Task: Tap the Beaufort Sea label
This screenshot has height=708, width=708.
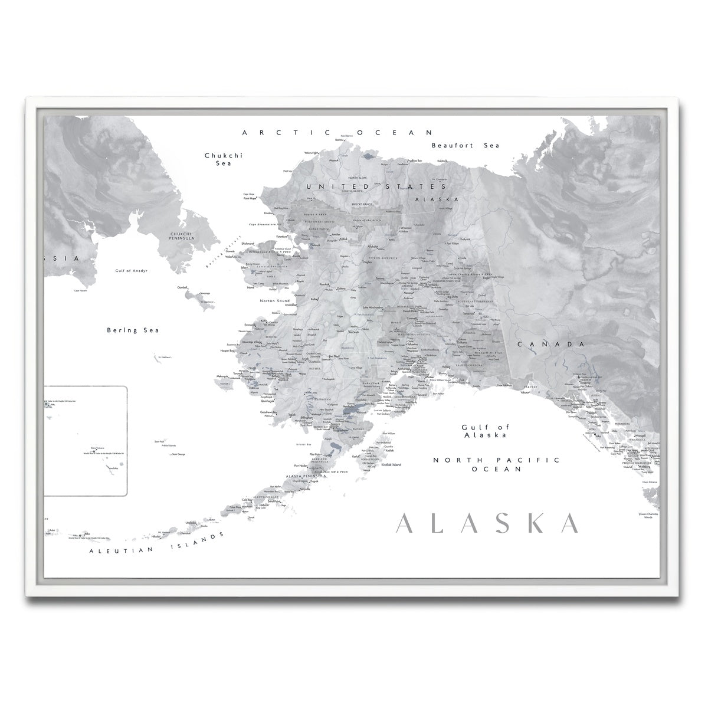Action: (x=465, y=145)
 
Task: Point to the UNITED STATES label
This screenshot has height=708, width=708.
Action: (x=345, y=186)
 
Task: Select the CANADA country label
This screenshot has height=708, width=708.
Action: (x=550, y=343)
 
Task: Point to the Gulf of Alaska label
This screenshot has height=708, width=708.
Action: (x=485, y=431)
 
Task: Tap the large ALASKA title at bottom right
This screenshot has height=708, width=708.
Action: (x=487, y=523)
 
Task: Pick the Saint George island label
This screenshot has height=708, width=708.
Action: (x=178, y=454)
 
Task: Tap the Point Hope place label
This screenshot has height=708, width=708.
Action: (x=252, y=199)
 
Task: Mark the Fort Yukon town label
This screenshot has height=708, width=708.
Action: (x=453, y=243)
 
